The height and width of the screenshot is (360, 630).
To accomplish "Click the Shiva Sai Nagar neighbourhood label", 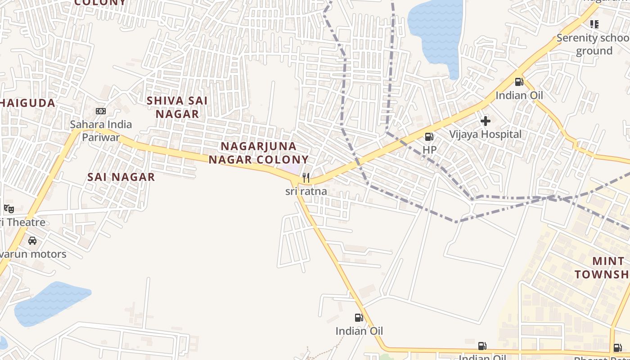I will coord(177,107).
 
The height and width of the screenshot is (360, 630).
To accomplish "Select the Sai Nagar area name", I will coord(121,177).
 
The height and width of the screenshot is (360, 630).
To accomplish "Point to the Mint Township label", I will coord(603,268).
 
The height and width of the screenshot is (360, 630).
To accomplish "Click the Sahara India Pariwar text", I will coord(101,130).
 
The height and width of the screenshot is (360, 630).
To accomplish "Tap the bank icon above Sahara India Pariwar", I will coord(101,111).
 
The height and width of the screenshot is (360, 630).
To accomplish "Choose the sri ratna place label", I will coord(306,191).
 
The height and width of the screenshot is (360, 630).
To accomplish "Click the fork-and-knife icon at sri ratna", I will coord(306,178).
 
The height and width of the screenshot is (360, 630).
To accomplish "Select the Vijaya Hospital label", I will coord(486,134).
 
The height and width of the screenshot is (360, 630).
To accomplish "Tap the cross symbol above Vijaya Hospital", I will coord(485,121).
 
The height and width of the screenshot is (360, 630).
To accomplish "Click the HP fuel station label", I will coord(429,149).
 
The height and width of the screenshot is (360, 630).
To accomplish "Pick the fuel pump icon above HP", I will coord(429,136).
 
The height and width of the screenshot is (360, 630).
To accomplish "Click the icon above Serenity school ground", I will coord(594,24).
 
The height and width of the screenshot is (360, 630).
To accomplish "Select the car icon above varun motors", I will coord(32,240).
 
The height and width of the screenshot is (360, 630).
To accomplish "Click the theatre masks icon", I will coord(9,208).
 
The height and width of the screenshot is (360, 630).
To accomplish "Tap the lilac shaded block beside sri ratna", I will coord(291,170).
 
